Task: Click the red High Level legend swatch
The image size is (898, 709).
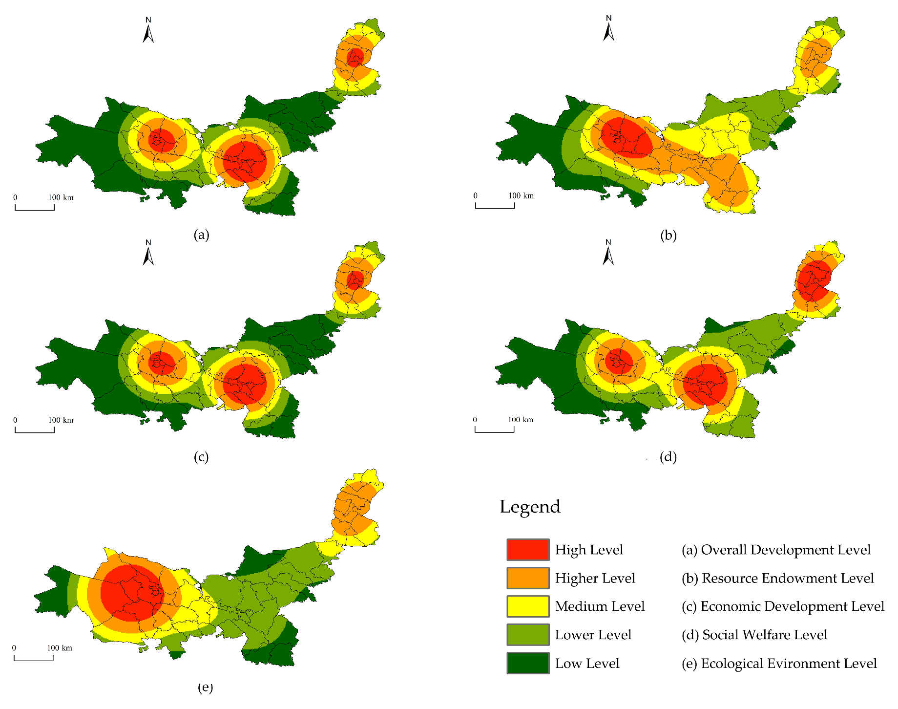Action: [x=527, y=549]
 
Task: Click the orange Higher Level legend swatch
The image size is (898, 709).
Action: [x=527, y=578]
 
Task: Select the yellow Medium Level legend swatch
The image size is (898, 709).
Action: [x=527, y=606]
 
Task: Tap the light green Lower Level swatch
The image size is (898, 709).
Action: [x=527, y=634]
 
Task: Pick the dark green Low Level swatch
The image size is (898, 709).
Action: [x=527, y=663]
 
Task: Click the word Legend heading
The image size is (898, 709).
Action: [x=530, y=507]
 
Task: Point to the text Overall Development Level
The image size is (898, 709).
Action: [x=785, y=550]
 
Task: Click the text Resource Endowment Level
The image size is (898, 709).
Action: [x=787, y=578]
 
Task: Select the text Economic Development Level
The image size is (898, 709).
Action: [x=792, y=606]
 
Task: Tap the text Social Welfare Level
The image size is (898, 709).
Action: [x=764, y=635]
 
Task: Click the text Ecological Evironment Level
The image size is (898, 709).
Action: [x=789, y=664]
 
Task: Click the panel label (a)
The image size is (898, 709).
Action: [x=201, y=235]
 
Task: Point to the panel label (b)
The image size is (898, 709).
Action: [x=668, y=236]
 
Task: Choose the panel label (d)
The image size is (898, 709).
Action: [x=668, y=457]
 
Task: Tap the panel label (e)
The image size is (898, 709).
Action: [x=205, y=688]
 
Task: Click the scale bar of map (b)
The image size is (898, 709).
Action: [x=495, y=205]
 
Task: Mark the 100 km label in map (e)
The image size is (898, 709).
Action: [x=60, y=648]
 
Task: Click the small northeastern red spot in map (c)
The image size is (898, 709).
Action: [x=355, y=279]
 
